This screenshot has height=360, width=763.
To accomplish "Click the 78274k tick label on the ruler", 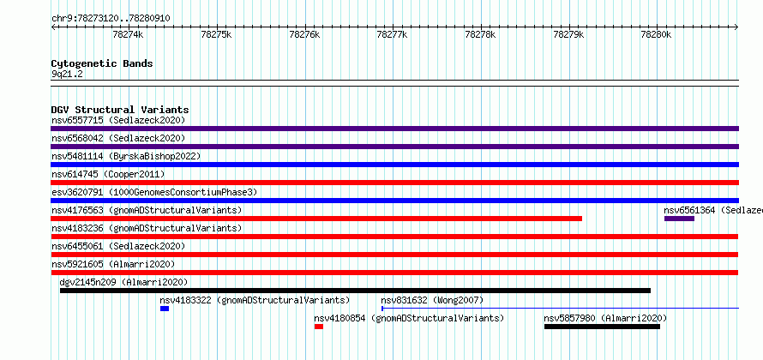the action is coord(128,34).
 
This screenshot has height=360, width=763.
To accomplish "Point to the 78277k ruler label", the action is coord(393,34).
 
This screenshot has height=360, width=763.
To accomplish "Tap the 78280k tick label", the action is coord(657,34).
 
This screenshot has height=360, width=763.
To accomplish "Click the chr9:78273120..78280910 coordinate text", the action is coord(111,19).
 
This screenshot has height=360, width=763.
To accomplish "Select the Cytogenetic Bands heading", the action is coord(102,63).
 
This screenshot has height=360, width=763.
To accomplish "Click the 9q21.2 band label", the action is coord(67,75).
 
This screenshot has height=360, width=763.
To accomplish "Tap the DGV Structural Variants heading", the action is coord(120,110).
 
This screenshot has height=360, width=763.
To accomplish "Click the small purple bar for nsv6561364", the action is coord(679,219).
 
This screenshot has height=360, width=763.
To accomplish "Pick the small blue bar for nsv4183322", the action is coord(165,309).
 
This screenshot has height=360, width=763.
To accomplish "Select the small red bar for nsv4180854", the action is coord(319,327).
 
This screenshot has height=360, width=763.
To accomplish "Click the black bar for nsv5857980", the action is coord(602,327).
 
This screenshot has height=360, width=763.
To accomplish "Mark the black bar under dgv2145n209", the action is coord(355,291).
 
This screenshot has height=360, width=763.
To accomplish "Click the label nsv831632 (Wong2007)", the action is coord(432,300).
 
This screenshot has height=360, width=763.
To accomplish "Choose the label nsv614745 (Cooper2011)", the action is coord(108,174).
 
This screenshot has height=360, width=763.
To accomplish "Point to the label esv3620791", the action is coord(77,192).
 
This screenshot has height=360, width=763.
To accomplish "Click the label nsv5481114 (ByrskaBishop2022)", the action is coord(126,156).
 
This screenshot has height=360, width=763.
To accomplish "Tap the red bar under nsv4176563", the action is coord(316,219).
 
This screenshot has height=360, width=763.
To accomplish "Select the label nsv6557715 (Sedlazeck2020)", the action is coord(118,120).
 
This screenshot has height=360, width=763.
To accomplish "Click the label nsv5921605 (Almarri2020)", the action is coord(113,264).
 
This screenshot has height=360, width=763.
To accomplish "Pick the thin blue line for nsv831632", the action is coord(561,308).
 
